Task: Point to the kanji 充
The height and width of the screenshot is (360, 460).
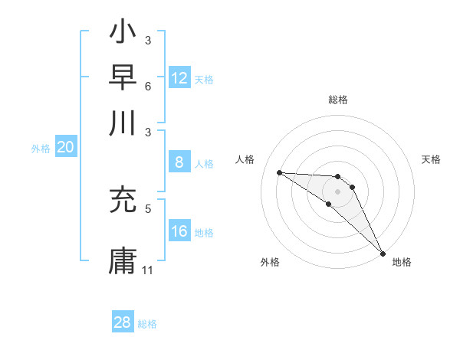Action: click(123, 201)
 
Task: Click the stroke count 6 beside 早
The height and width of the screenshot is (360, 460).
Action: click(148, 85)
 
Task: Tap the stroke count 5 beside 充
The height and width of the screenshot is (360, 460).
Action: click(148, 207)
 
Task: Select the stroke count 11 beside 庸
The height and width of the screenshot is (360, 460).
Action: click(148, 270)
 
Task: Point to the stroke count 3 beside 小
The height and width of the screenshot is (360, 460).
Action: click(148, 40)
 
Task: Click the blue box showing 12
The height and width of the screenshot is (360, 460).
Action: click(179, 77)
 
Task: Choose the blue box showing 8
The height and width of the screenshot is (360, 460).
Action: click(179, 162)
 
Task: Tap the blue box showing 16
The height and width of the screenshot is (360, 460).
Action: click(179, 232)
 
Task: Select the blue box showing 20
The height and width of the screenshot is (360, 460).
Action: click(65, 148)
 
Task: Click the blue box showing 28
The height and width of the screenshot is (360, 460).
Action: click(123, 322)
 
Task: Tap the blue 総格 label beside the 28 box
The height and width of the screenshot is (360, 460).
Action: click(147, 324)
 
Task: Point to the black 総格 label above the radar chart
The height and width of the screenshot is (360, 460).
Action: click(338, 100)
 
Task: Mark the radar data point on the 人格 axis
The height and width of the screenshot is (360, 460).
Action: click(279, 172)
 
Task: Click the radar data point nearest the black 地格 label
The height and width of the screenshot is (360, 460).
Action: click(383, 252)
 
